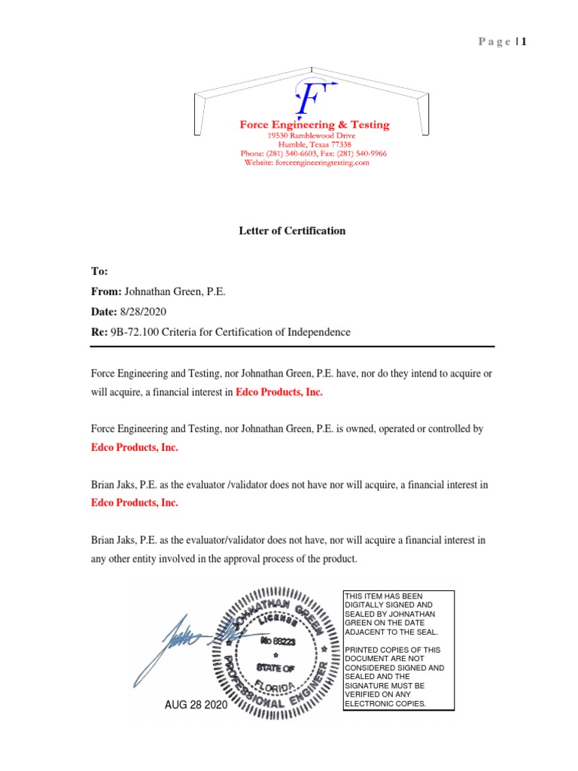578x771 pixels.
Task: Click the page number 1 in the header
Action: [520, 41]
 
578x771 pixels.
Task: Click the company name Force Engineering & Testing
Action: [315, 124]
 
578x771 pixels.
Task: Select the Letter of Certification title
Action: [292, 231]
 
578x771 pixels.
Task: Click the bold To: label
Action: [99, 271]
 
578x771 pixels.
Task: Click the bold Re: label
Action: [99, 332]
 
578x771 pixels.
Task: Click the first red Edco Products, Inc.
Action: [280, 393]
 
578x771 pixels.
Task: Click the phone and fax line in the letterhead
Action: [314, 154]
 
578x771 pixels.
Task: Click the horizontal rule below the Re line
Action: [292, 346]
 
